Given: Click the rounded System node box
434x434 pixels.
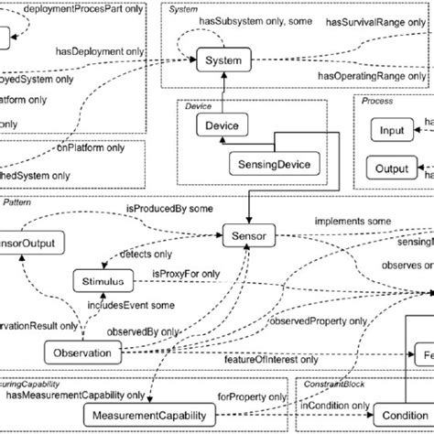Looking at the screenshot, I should click(x=222, y=61).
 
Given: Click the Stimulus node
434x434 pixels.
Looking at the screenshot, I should click(x=99, y=280).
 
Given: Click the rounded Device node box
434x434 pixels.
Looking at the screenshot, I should click(x=222, y=125).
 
